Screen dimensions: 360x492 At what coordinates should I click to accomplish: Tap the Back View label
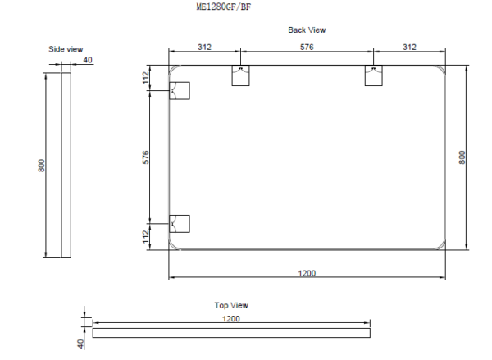[307, 30]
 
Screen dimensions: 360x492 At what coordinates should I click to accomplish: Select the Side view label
[66, 49]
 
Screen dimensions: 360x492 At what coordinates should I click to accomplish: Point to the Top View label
[231, 305]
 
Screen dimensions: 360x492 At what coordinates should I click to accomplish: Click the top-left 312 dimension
[203, 48]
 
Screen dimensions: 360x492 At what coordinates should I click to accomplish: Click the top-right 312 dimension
[410, 48]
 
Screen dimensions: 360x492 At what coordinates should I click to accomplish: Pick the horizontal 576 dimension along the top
[307, 48]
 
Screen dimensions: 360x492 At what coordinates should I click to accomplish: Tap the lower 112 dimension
[146, 236]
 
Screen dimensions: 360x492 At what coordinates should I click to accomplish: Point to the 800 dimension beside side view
[42, 166]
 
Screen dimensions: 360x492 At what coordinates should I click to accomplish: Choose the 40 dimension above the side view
[88, 60]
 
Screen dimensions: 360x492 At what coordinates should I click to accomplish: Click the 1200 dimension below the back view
[307, 273]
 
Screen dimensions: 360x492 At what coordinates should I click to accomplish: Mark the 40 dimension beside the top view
[80, 343]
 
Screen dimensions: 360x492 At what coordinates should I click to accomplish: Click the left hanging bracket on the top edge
[240, 75]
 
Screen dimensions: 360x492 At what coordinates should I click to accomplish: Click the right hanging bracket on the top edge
[374, 75]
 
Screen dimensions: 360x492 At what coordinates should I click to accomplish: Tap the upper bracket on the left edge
[180, 90]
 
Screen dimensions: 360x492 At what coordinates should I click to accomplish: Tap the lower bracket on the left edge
[180, 223]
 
